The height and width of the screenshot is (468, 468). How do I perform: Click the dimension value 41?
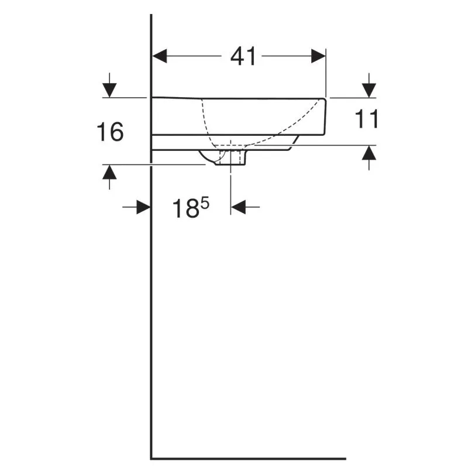[243, 56]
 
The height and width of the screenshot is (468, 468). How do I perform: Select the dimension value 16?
[110, 132]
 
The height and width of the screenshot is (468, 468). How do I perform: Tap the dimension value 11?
[367, 119]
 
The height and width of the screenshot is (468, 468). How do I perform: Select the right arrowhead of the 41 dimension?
[318, 56]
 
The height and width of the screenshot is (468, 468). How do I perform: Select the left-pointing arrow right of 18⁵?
[239, 207]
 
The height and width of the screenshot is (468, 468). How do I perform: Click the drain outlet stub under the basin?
[232, 159]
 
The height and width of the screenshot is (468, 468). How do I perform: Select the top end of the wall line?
[152, 16]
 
